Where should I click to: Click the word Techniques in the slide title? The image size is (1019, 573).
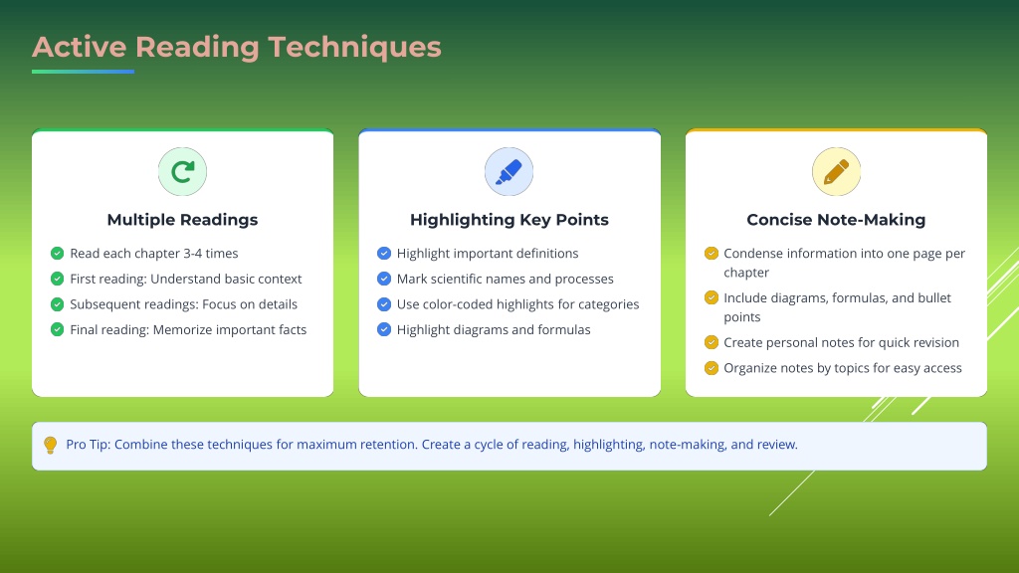coord(355,48)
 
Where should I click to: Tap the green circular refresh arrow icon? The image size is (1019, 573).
coord(183,171)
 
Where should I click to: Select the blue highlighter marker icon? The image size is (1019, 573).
coord(509,171)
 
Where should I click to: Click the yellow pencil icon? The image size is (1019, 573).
coord(836,171)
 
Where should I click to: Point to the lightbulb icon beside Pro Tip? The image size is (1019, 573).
coord(50,445)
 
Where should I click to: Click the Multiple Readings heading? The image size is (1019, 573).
coord(183,220)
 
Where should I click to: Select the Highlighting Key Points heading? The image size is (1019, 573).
coord(509,220)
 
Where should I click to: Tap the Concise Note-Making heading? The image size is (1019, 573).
coord(836,220)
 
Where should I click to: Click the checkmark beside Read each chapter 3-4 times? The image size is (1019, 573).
coord(57,253)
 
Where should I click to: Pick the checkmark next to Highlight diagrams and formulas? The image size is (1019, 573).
coord(384,329)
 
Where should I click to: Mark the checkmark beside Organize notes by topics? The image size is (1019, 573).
coord(712,368)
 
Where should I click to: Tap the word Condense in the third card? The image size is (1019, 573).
coord(752,254)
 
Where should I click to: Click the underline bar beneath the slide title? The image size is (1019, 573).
coord(84,72)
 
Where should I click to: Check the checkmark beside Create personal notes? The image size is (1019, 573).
coord(712,342)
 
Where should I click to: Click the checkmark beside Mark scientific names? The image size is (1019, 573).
coord(384,279)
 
